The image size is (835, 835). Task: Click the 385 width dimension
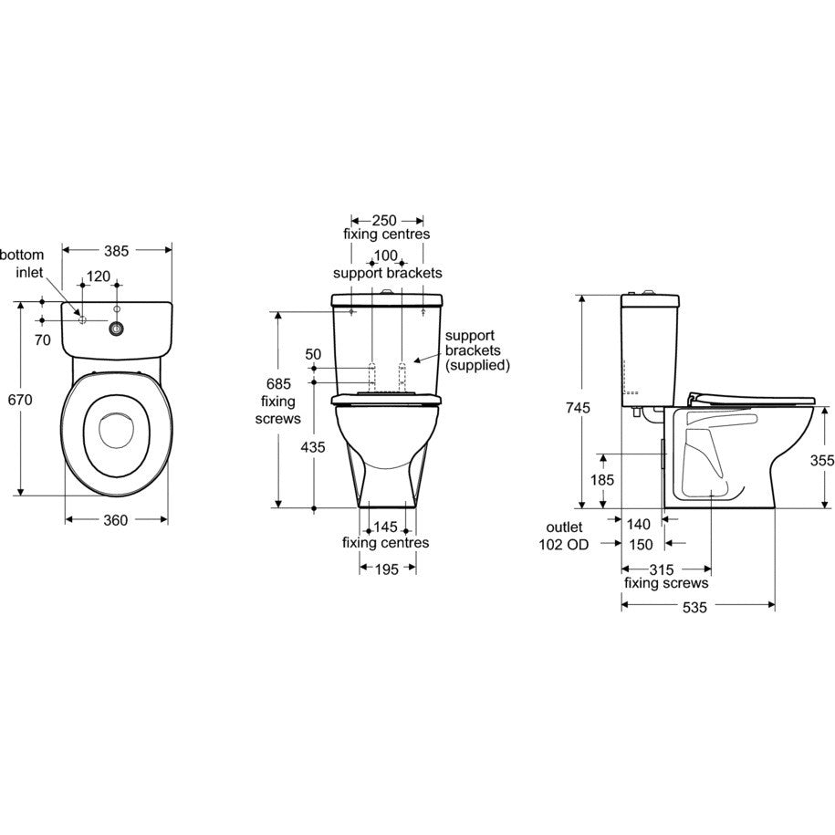click(x=116, y=251)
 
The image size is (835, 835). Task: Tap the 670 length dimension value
click(x=20, y=400)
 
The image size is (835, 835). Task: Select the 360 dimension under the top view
click(x=116, y=520)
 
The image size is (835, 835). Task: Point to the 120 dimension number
click(x=99, y=277)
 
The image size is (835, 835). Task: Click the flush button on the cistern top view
click(x=116, y=329)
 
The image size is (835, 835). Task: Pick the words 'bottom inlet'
click(x=23, y=264)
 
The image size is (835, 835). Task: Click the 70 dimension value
click(x=42, y=339)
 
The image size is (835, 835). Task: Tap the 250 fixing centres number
click(x=384, y=221)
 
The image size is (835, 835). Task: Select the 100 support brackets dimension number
click(x=386, y=256)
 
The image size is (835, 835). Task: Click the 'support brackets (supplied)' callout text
click(x=477, y=350)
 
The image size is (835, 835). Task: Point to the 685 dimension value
click(x=278, y=383)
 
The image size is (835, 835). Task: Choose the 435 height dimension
click(x=313, y=447)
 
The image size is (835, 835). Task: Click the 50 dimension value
click(x=313, y=354)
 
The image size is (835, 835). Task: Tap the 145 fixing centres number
click(x=385, y=527)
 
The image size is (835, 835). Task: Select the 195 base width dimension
click(x=387, y=569)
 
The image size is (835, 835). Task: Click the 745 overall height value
click(x=578, y=408)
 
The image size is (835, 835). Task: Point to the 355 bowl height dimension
click(x=822, y=460)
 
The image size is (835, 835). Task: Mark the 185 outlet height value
click(x=602, y=480)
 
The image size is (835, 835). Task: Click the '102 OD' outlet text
click(x=564, y=545)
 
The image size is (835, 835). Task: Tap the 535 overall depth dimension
click(x=695, y=607)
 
